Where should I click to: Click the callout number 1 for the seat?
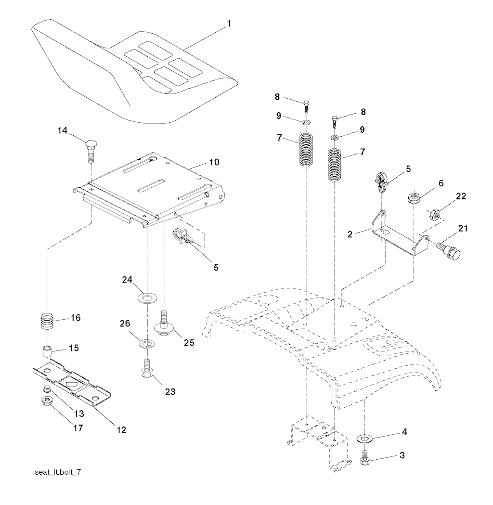click(229, 22)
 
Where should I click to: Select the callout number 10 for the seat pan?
click(214, 162)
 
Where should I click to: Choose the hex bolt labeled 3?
click(365, 456)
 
